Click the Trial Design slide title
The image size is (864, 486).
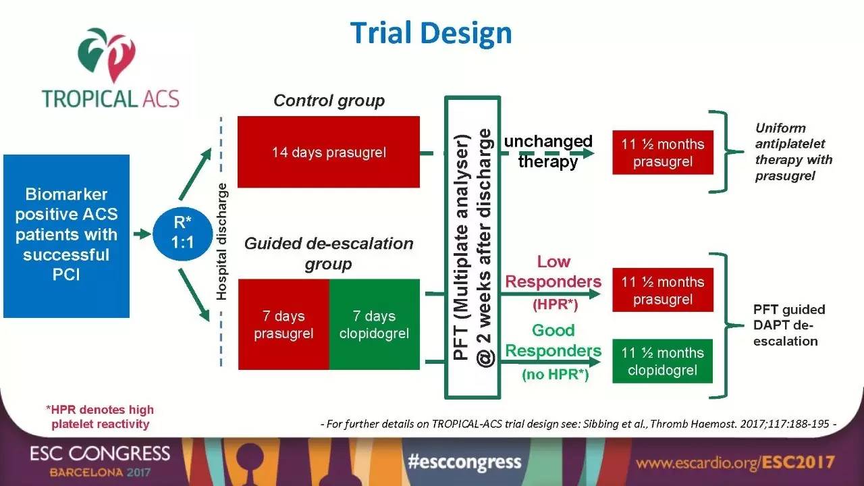tap(431, 33)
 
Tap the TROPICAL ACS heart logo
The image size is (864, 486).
tap(107, 55)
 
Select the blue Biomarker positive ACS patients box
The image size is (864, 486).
tap(66, 236)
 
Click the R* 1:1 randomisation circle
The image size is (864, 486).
tap(182, 234)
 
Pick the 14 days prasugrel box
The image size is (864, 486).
tap(329, 152)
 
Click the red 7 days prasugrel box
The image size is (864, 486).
tap(284, 325)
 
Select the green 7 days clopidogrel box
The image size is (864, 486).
tap(375, 325)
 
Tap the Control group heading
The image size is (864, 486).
tap(329, 101)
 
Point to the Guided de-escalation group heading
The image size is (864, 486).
tap(329, 253)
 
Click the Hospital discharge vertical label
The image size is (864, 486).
tap(221, 242)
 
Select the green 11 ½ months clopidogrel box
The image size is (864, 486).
tap(663, 361)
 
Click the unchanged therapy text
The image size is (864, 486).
tap(548, 151)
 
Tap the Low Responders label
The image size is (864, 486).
tap(553, 272)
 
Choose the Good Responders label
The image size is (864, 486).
tap(553, 341)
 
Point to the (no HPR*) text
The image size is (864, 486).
tap(556, 374)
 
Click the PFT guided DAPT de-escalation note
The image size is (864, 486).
tap(789, 325)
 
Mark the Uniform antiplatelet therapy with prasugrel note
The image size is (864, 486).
tap(793, 152)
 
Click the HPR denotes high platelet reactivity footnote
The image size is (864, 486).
tap(100, 416)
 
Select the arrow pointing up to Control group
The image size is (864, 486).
tap(196, 173)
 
